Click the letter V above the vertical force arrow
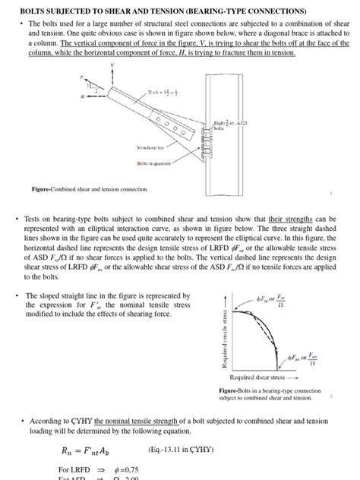click(x=113, y=65)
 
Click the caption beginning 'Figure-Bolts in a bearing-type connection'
click(x=264, y=393)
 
